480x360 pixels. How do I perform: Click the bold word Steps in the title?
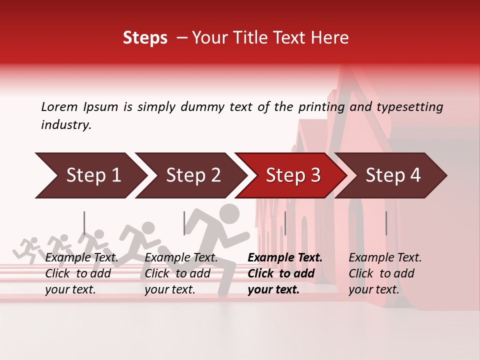click(145, 38)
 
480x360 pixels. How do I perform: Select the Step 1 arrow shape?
click(90, 175)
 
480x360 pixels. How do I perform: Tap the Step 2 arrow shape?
click(192, 175)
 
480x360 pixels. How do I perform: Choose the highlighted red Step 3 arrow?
click(292, 175)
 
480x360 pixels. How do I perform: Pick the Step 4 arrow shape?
click(393, 175)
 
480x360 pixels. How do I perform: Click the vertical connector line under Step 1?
click(84, 223)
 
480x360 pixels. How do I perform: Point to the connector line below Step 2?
click(184, 223)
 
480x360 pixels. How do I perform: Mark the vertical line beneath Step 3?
click(285, 223)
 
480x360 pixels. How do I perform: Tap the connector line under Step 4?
click(386, 223)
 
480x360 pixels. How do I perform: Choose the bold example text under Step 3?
click(284, 273)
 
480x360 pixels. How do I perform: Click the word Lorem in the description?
click(59, 107)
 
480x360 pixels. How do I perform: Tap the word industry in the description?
click(65, 125)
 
